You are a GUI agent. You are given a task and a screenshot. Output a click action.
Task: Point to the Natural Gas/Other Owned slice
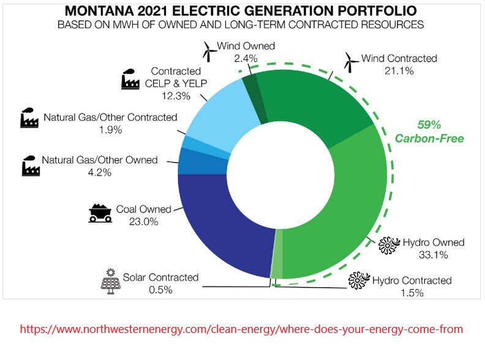pos(187,162)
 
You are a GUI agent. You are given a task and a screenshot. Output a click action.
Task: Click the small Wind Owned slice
pos(249,83)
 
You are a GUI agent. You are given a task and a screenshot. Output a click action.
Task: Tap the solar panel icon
pos(110,281)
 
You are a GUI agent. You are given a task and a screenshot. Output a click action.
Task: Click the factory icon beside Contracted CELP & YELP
pos(130,80)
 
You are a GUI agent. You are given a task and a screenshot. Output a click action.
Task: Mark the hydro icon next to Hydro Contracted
pos(358,281)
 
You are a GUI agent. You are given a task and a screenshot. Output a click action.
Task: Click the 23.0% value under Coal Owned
pos(143,222)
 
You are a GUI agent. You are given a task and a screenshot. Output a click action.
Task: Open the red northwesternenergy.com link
pos(241,329)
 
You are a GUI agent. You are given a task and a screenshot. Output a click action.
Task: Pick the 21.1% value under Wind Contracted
pos(399,71)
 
